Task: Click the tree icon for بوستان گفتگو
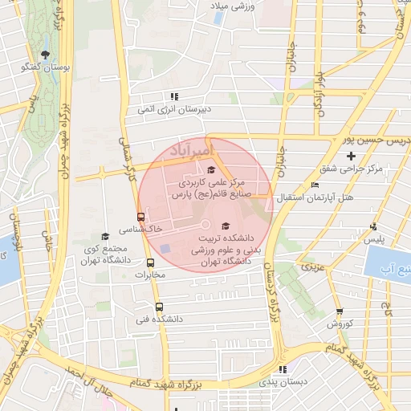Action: [x=47, y=55]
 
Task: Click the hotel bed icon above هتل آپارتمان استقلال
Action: [x=315, y=185]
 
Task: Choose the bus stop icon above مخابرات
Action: [x=151, y=262]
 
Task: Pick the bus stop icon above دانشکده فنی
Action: [x=159, y=306]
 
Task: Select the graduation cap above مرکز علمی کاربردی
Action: [x=211, y=169]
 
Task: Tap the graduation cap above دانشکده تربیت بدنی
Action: [x=226, y=226]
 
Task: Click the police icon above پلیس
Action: [x=373, y=227]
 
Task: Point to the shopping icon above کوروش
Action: [x=340, y=311]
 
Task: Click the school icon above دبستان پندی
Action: [x=282, y=370]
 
